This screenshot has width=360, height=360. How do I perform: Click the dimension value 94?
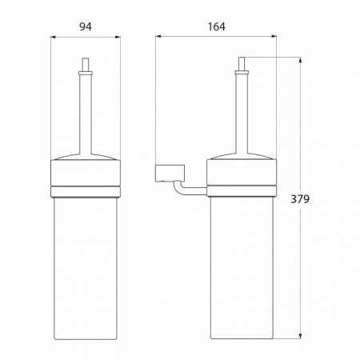pos(87,26)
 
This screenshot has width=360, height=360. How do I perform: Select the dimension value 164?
pos(215,26)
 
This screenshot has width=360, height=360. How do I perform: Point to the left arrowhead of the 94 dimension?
pos(54,36)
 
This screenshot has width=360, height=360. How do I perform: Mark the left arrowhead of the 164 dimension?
pos(158,36)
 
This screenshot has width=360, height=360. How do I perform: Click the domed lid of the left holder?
pos(87,152)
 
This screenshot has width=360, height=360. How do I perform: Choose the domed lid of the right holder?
pos(241,152)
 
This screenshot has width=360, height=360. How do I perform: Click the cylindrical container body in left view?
pos(87,264)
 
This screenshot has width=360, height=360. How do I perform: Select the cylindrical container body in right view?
pos(241,264)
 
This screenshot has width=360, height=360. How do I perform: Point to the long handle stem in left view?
pos(87,104)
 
